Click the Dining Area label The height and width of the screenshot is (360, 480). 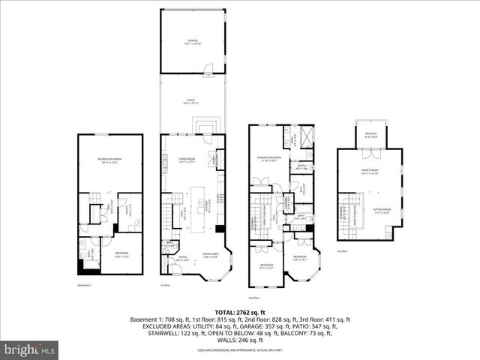(x=212, y=256)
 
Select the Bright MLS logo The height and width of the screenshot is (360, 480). (x=30, y=349)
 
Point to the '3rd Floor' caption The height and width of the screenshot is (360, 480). (x=342, y=250)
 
